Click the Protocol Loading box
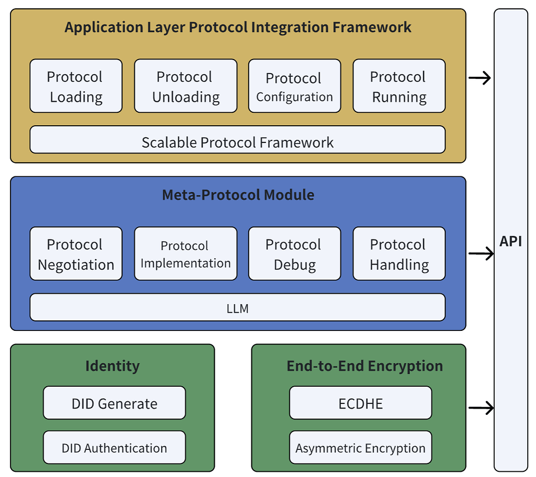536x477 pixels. coord(76,86)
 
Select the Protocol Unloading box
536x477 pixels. coord(186,86)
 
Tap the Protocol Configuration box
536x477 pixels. coord(294,86)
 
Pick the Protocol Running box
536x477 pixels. coord(399,86)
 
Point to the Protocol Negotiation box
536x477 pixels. coord(76,254)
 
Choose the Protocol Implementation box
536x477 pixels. coord(186,254)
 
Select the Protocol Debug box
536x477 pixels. coord(294,254)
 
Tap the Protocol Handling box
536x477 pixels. coord(399,254)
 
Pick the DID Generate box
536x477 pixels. coord(114,403)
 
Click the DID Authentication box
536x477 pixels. coord(114,447)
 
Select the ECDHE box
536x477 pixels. coord(360,403)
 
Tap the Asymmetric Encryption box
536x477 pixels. coord(360,447)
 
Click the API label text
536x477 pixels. coord(510,241)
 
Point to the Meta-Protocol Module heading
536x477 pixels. coord(238,195)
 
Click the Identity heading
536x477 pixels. coord(112,366)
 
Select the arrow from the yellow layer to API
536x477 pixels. coord(480,79)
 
